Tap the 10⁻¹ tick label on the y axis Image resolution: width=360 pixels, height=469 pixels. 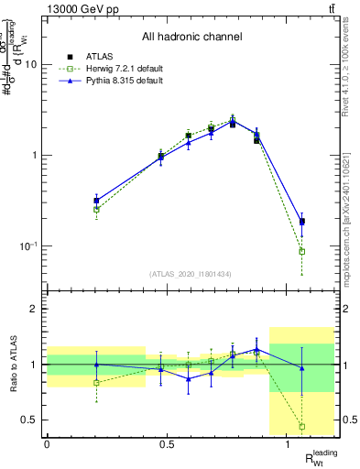[x=27, y=245]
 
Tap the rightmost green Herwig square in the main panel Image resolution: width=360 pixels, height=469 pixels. [x=302, y=251]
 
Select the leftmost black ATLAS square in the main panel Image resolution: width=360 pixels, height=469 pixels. [x=96, y=200]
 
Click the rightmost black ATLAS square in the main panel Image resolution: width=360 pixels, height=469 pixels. [x=302, y=222]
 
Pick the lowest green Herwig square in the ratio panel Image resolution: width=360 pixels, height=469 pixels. [x=302, y=426]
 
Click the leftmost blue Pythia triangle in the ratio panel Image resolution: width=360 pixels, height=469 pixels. [x=96, y=365]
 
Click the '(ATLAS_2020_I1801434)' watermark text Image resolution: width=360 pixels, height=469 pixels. [x=191, y=274]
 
